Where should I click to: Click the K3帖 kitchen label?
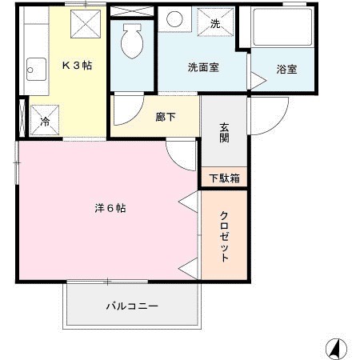(x=76, y=66)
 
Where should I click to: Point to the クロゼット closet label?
(x=225, y=236)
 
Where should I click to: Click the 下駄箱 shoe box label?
(x=224, y=178)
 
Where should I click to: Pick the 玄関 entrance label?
(x=224, y=132)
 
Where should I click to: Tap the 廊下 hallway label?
(x=166, y=116)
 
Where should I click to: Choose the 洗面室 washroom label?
(x=204, y=68)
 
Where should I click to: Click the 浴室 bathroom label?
(x=286, y=69)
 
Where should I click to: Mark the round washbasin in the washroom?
(x=175, y=20)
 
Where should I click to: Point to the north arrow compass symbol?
(x=334, y=348)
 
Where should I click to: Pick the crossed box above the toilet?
(x=133, y=11)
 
